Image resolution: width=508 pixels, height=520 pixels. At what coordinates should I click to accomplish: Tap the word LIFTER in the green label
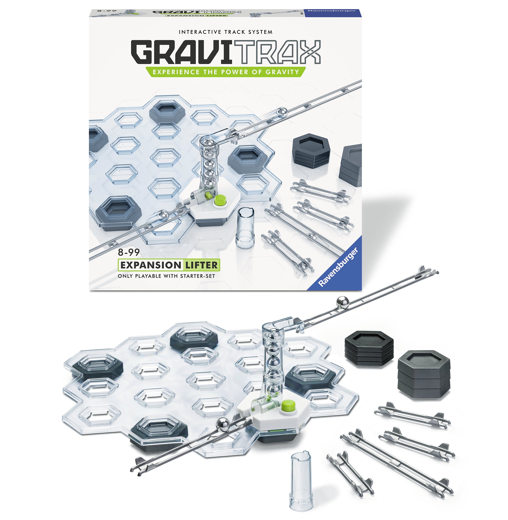[x=201, y=265]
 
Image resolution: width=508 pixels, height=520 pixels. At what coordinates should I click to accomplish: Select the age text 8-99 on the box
[x=129, y=252]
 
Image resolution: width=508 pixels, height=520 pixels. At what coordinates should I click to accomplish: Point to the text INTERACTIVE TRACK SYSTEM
[x=226, y=32]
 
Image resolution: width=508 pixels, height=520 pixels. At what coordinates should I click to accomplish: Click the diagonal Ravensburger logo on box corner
[x=338, y=267]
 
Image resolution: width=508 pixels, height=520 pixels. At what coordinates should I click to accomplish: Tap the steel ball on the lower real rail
[x=223, y=425]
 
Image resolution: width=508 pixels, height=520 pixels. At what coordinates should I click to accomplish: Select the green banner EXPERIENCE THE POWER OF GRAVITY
[x=226, y=72]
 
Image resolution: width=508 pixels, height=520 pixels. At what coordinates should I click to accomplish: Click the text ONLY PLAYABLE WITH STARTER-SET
[x=166, y=276]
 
